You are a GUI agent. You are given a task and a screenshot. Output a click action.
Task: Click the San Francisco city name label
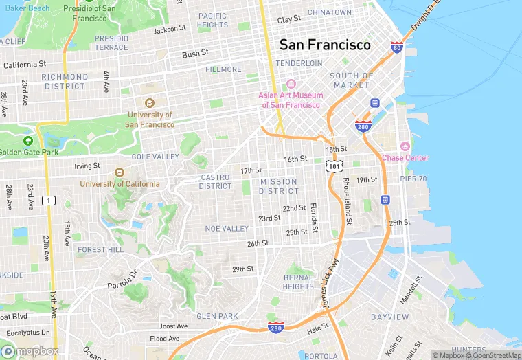325,45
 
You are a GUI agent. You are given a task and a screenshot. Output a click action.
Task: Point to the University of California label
120,183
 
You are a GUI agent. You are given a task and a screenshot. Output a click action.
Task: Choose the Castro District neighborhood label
216,181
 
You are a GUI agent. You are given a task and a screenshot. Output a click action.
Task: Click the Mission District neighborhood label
279,186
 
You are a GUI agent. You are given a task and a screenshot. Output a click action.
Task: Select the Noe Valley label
227,229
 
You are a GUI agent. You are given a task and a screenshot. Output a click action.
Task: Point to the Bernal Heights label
298,282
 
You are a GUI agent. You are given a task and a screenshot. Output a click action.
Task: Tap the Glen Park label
217,316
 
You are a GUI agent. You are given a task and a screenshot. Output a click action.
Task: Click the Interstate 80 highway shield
396,47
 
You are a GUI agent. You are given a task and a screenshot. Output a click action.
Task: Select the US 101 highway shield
334,166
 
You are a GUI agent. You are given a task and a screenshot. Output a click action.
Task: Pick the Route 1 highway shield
48,200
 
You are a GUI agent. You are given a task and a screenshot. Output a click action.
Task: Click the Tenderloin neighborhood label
299,63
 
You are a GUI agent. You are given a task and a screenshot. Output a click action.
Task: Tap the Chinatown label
330,12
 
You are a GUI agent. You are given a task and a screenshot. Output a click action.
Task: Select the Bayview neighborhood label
389,317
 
